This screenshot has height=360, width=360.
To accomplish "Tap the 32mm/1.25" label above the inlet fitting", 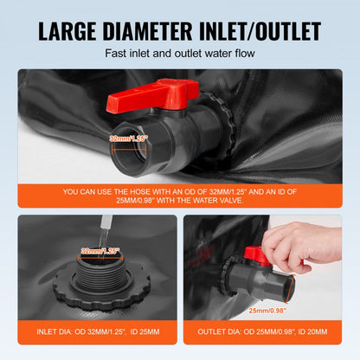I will tap(101, 250).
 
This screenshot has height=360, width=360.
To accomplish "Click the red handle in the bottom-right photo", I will tap(254, 255).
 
